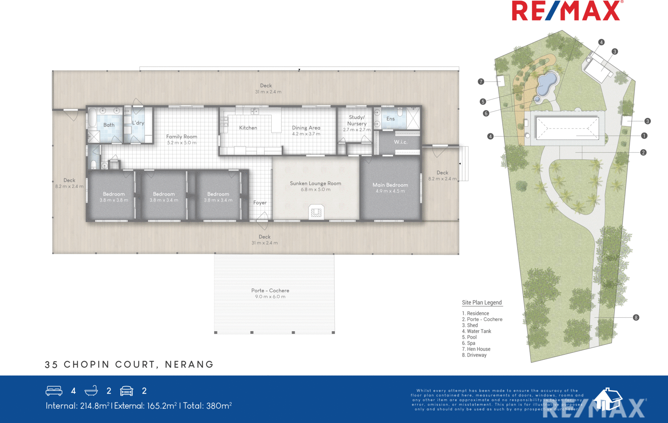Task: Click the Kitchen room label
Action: click(x=248, y=128)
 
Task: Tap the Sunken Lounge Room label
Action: click(x=316, y=183)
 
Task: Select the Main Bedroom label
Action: click(x=390, y=185)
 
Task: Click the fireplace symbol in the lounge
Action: click(x=316, y=212)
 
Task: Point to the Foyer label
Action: click(x=260, y=203)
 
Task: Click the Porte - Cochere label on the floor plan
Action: click(x=270, y=291)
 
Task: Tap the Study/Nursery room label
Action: click(x=357, y=120)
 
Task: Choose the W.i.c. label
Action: click(x=400, y=142)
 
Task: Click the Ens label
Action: click(x=390, y=119)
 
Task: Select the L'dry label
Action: click(x=138, y=123)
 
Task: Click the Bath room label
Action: click(x=109, y=125)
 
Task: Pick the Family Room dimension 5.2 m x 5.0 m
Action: click(x=182, y=143)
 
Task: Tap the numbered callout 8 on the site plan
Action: click(x=636, y=317)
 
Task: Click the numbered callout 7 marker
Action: click(x=481, y=81)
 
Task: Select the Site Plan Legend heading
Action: click(x=482, y=303)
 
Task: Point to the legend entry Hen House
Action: click(x=476, y=349)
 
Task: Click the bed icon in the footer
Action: click(x=54, y=391)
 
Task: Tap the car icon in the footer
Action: click(x=127, y=391)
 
